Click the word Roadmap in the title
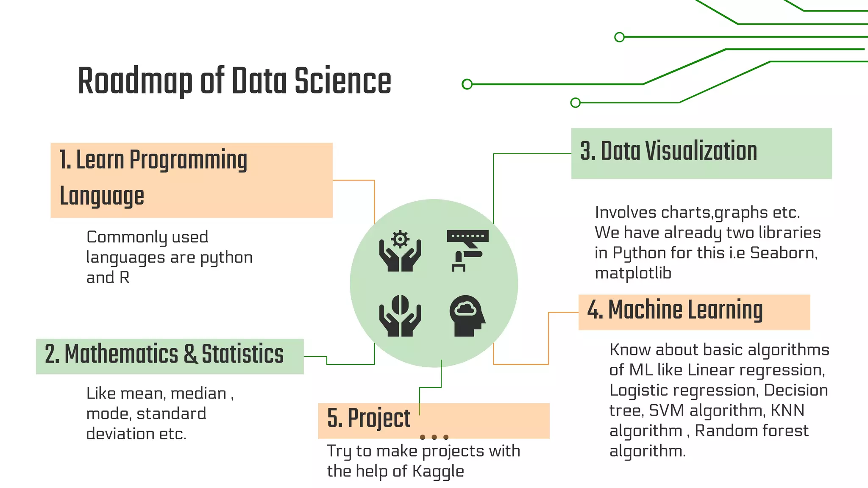(x=135, y=81)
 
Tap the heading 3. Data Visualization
(x=668, y=151)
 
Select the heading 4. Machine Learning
(x=675, y=310)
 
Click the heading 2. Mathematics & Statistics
(x=164, y=355)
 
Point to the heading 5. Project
(x=368, y=419)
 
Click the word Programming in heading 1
(x=188, y=161)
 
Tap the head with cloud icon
(x=467, y=316)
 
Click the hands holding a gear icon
(x=400, y=251)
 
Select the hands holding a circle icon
(x=400, y=316)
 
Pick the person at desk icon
(x=467, y=250)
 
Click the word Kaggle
(x=438, y=471)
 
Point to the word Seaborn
(x=783, y=253)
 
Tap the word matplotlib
(x=633, y=273)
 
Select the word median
(x=198, y=394)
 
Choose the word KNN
(x=787, y=410)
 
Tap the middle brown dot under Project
(x=434, y=437)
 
